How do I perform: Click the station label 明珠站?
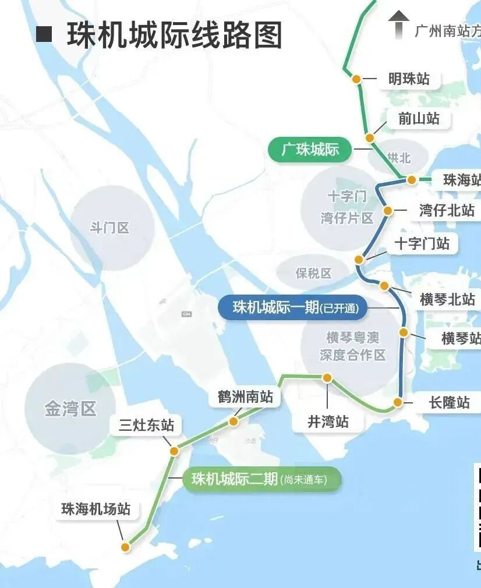coord(409,79)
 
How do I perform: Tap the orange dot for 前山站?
coord(369,138)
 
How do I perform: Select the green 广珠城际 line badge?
coord(310,150)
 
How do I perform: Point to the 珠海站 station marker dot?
coord(412,180)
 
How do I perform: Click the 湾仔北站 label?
coord(447,210)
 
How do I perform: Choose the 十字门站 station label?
coord(422,243)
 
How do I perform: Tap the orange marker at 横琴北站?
coord(384,285)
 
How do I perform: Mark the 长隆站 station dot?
coord(398,402)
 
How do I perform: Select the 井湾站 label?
coord(328,421)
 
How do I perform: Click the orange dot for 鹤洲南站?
coord(234,421)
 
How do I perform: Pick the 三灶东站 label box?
coord(146,425)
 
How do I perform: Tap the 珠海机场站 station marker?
coord(125,547)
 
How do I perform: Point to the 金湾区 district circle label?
coord(70,409)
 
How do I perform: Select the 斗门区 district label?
coord(109,228)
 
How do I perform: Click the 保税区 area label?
coord(313,273)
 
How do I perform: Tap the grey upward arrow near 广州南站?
coord(399,24)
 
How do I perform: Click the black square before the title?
coord(44,34)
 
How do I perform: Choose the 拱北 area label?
coord(399,158)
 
